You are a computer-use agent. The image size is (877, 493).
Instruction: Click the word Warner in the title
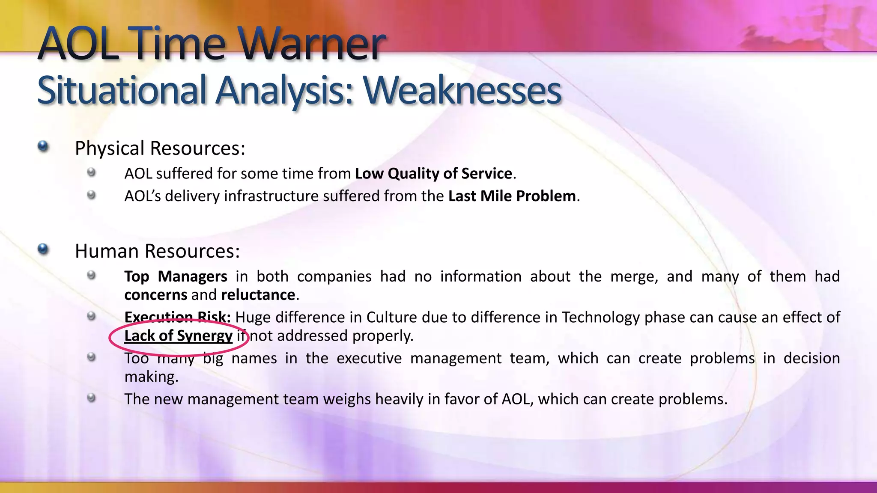coord(313,44)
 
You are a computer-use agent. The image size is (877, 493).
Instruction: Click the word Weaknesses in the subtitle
coord(462,90)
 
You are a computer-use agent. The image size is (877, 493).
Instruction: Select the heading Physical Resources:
coord(160,148)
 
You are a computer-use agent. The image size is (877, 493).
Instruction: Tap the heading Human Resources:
coord(157,251)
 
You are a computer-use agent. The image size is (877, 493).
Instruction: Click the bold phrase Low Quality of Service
coord(433,173)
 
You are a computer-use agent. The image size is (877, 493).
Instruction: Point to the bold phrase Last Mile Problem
coord(512,196)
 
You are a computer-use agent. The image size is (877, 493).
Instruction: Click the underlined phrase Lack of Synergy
coord(178,336)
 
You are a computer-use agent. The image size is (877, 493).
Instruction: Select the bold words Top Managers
coord(176,276)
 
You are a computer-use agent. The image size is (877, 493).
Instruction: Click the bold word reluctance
coord(258,295)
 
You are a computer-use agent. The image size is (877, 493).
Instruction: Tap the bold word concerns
coord(155,295)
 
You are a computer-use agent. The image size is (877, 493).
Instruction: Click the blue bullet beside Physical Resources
coord(43,147)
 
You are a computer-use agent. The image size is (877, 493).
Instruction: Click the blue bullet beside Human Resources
coord(43,249)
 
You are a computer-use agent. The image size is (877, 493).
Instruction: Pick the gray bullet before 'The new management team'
coord(91,398)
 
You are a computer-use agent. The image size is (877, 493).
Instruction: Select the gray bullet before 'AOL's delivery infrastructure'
coord(91,195)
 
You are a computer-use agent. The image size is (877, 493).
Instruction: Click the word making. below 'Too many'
coord(151,377)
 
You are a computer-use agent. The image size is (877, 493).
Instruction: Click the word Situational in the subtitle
coord(122,90)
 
